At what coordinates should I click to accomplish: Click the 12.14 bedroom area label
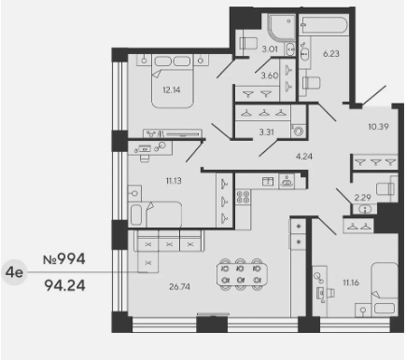click(x=172, y=90)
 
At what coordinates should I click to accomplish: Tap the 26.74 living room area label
click(x=179, y=286)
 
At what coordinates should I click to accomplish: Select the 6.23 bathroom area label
click(x=330, y=54)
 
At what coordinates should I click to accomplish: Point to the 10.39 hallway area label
click(x=378, y=127)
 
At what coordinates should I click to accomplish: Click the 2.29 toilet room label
click(x=363, y=198)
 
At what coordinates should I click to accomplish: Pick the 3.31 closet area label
click(x=267, y=132)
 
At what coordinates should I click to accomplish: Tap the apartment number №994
click(x=64, y=258)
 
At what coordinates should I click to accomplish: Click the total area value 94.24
click(x=64, y=285)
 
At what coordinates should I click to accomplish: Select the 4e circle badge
click(x=14, y=272)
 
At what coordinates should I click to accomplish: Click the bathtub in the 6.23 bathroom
click(x=323, y=24)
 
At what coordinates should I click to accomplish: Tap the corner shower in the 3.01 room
click(x=281, y=27)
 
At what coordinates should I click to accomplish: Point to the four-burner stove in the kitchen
click(x=244, y=197)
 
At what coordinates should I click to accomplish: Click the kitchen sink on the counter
click(x=287, y=182)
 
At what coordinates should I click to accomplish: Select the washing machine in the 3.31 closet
click(x=299, y=132)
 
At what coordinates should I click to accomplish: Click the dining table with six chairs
click(x=242, y=274)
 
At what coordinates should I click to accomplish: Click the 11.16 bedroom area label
click(x=351, y=283)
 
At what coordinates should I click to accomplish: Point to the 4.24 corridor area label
click(x=304, y=157)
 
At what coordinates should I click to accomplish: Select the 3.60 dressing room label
click(x=270, y=76)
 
